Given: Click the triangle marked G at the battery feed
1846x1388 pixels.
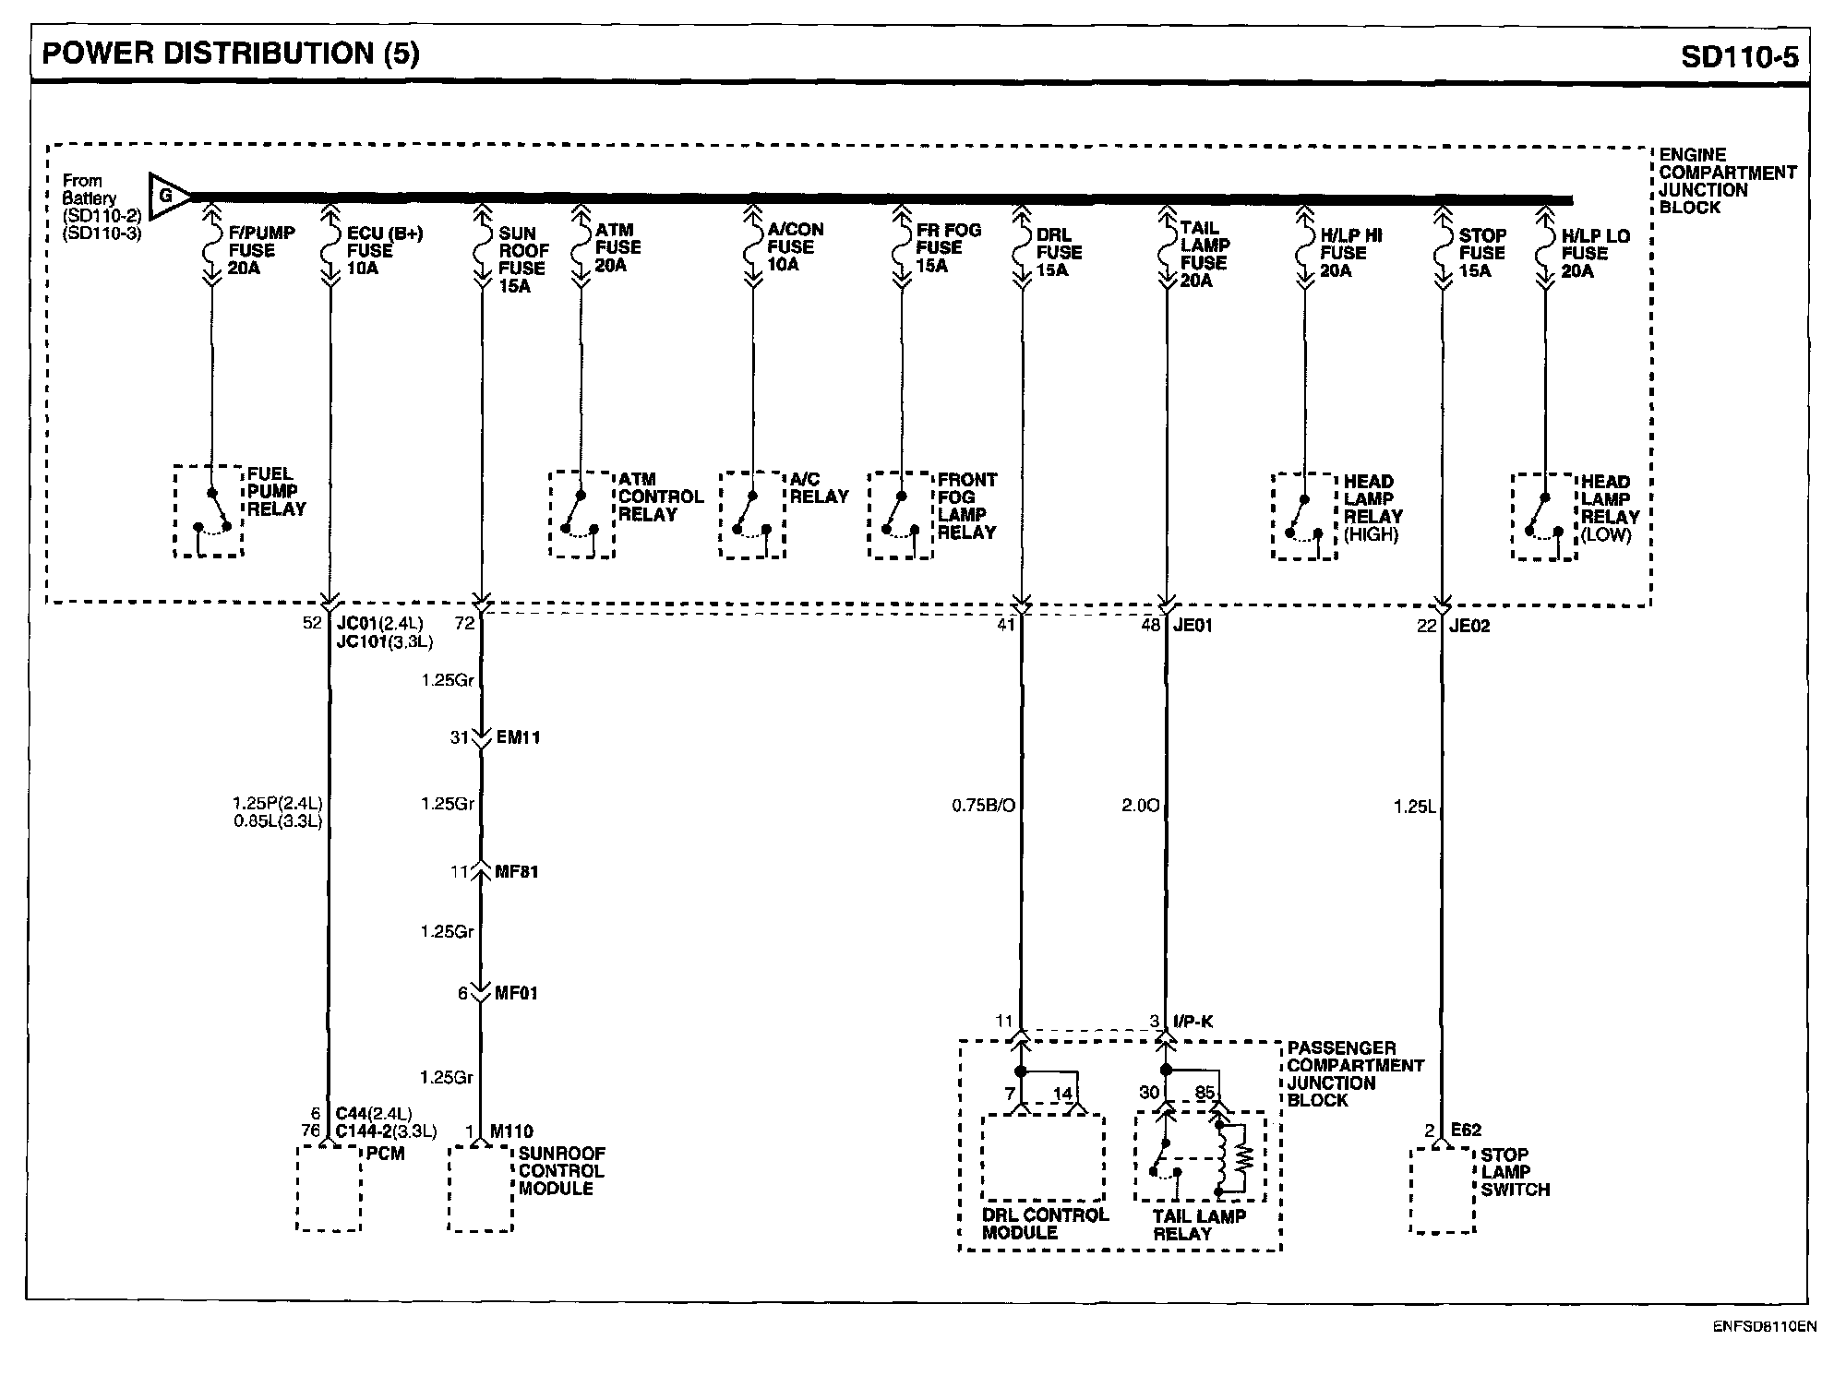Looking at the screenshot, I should click(166, 197).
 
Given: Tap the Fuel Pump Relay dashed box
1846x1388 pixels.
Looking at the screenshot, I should click(209, 511).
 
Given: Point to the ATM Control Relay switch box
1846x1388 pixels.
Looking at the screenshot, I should click(581, 515).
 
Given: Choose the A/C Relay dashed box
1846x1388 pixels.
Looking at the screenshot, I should click(752, 515).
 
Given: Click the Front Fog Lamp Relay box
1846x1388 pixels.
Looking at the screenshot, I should click(901, 515).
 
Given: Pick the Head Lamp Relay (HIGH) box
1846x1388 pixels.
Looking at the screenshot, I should click(1304, 517).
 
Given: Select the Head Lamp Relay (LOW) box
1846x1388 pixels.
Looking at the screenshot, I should click(1544, 517).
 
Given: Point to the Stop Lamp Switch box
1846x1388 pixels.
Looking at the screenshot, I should click(1442, 1191).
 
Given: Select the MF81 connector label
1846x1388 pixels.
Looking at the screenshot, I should click(516, 871).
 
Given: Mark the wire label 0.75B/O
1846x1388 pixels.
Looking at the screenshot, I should click(983, 806).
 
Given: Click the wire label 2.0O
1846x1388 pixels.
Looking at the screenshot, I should click(1140, 806).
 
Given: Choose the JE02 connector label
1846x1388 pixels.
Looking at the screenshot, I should click(1469, 626).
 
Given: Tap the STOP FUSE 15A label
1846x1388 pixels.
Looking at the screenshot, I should click(1481, 253).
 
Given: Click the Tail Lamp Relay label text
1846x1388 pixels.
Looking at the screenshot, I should click(1198, 1225).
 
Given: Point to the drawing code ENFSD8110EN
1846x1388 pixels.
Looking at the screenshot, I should click(1765, 1327).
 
